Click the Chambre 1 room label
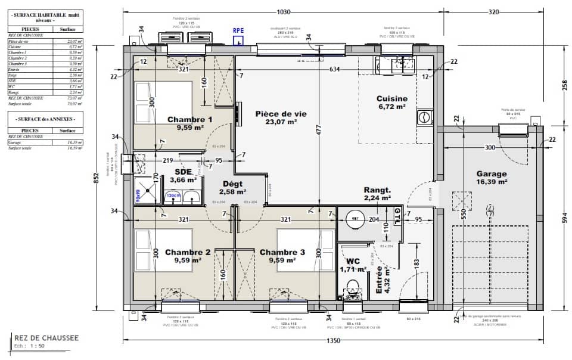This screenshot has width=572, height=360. [190, 119]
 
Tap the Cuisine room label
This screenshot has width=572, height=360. [391, 99]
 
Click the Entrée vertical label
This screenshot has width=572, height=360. [379, 281]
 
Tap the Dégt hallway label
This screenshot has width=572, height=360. [233, 184]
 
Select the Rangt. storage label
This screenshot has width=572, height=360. [377, 190]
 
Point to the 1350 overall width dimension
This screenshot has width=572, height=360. [333, 340]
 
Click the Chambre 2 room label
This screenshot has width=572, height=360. [188, 252]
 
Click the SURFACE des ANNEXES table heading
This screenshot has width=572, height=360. [45, 119]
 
